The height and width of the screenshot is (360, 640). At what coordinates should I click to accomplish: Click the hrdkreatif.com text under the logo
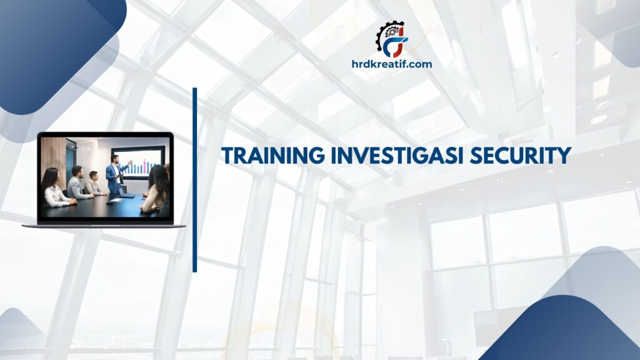coord(392,63)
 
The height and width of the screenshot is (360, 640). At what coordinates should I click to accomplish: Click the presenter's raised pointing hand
coord(130,161)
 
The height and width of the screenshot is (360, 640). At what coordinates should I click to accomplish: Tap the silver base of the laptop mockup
coord(104,225)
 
